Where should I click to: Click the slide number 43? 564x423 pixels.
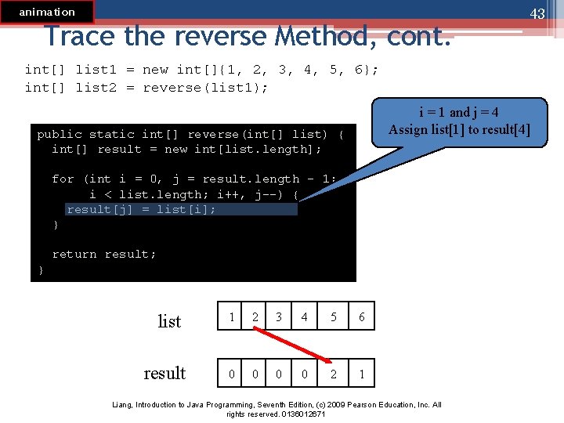pos(537,14)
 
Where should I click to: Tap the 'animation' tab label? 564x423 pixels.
pos(47,12)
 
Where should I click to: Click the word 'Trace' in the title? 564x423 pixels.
pos(79,36)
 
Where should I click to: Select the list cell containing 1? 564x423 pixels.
pos(232,317)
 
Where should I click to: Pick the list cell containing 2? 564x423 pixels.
pos(255,317)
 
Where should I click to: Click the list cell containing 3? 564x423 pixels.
pos(278,317)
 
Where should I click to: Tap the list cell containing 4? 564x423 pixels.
pos(304,317)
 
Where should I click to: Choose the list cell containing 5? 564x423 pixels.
pos(334,317)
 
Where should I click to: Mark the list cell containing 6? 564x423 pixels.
pos(361,317)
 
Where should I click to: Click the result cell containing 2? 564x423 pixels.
pos(334,374)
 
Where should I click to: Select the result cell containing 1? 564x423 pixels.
pos(361,374)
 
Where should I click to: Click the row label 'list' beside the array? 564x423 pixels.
pos(169,321)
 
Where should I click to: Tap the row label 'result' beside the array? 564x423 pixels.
pos(164,373)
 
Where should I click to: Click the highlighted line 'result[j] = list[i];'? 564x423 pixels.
pos(141,209)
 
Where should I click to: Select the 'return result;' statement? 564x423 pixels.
pos(103,254)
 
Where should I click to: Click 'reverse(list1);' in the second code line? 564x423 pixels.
pos(205,88)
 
